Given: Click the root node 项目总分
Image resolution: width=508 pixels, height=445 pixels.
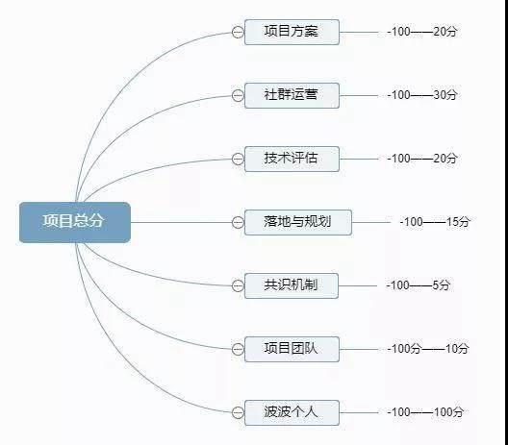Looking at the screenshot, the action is click(x=75, y=222).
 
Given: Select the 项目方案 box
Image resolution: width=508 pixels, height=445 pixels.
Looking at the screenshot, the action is click(x=292, y=32).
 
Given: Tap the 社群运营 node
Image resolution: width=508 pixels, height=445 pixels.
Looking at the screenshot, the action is click(x=292, y=95).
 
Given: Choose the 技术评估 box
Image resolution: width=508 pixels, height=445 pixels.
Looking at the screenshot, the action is click(x=292, y=159).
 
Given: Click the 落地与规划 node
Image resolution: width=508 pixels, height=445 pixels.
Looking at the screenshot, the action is click(x=297, y=222).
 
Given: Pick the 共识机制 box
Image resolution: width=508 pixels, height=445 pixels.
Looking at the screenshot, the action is click(x=292, y=285).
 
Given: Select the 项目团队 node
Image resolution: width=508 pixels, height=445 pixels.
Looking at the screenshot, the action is click(x=292, y=349).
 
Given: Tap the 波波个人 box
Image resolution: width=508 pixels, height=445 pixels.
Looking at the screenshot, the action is click(x=292, y=412).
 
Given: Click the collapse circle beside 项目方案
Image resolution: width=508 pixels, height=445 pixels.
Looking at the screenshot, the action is click(x=238, y=33).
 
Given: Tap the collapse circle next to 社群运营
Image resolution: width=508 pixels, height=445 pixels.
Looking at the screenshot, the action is click(x=238, y=96).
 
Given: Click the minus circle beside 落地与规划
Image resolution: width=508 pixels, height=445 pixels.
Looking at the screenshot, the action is click(x=238, y=223).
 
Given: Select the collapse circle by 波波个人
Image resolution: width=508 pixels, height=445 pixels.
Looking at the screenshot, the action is click(x=238, y=413).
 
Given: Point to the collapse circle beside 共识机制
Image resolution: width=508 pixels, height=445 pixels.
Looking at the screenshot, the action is click(x=238, y=286).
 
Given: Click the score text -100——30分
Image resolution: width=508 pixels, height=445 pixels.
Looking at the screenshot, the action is click(x=422, y=95).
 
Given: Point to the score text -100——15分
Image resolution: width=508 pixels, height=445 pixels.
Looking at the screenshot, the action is click(x=435, y=222).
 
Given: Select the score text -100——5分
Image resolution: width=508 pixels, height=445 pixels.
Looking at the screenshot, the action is click(x=419, y=285).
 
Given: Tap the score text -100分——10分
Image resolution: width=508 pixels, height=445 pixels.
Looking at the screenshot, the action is click(x=428, y=349).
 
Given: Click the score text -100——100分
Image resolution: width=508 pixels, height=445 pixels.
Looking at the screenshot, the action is click(x=425, y=412).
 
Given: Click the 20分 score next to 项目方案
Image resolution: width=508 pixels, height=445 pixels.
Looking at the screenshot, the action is click(x=445, y=32).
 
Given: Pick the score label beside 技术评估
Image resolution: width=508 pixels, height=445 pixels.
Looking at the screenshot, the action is click(x=422, y=159).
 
